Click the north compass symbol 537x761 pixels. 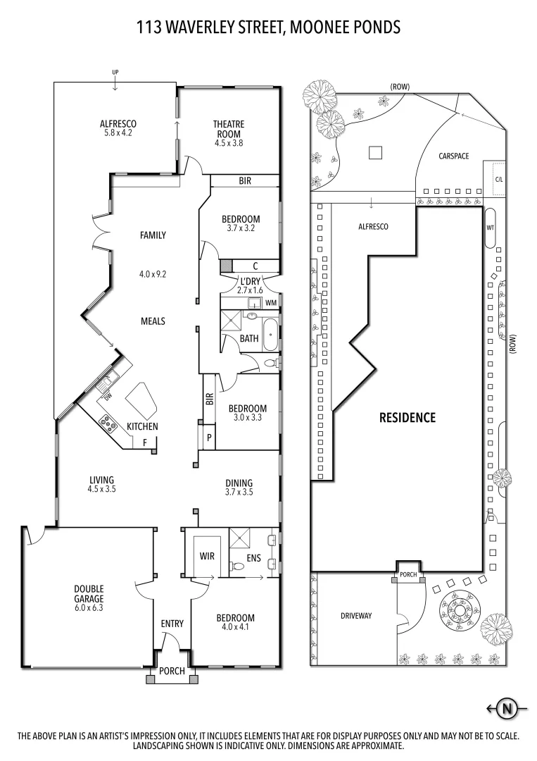[x=505, y=708]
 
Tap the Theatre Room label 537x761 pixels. [x=228, y=130]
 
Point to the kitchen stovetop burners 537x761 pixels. [x=109, y=423]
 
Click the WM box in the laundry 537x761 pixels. [x=271, y=303]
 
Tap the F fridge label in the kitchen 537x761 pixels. [x=144, y=443]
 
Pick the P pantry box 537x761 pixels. [x=209, y=437]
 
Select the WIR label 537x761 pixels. [x=207, y=557]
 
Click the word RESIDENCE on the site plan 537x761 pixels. [x=408, y=417]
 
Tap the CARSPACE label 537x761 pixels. [x=453, y=156]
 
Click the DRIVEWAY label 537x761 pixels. [x=356, y=615]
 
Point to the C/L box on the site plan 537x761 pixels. [x=499, y=179]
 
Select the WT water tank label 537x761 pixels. [x=491, y=228]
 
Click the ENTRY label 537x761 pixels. [x=172, y=624]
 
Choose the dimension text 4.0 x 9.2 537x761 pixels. [x=152, y=275]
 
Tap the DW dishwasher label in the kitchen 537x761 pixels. [x=108, y=397]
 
